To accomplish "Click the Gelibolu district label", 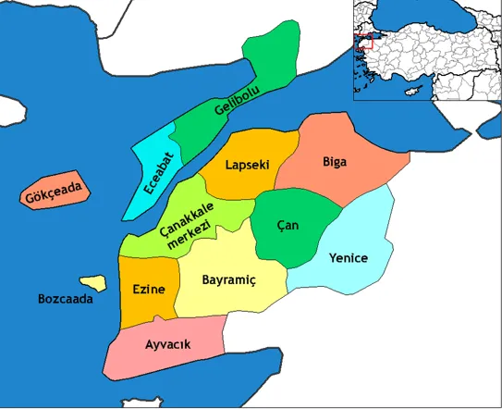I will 239,97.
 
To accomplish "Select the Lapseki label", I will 248,165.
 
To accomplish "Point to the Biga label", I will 335,163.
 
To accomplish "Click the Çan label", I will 288,226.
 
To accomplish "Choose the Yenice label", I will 349,258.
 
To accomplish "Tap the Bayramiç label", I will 227,279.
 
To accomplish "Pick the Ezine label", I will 148,289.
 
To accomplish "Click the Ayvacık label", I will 168,344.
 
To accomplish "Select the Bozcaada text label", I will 66,299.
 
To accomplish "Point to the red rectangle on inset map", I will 365,42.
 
